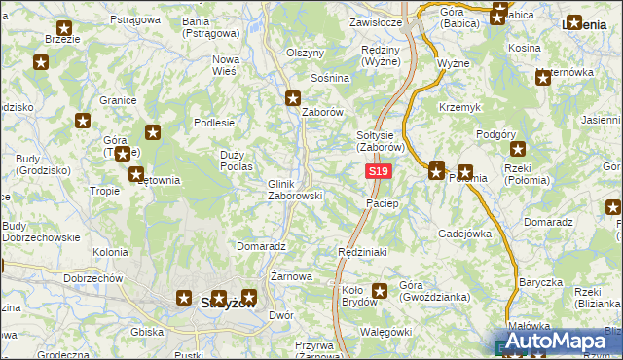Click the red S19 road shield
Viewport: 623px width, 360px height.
(379, 171)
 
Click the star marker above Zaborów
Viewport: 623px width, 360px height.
(293, 97)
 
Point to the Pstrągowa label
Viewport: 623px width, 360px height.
(134, 19)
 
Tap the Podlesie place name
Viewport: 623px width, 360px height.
(214, 123)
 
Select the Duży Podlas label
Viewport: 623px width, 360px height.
(238, 161)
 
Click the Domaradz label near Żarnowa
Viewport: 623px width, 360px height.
(260, 247)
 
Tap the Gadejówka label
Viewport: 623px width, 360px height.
(463, 234)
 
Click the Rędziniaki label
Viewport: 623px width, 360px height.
(362, 252)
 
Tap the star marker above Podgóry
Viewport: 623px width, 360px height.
(518, 149)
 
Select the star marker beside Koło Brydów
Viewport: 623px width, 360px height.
(380, 290)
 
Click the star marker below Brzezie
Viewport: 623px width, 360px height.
(42, 63)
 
